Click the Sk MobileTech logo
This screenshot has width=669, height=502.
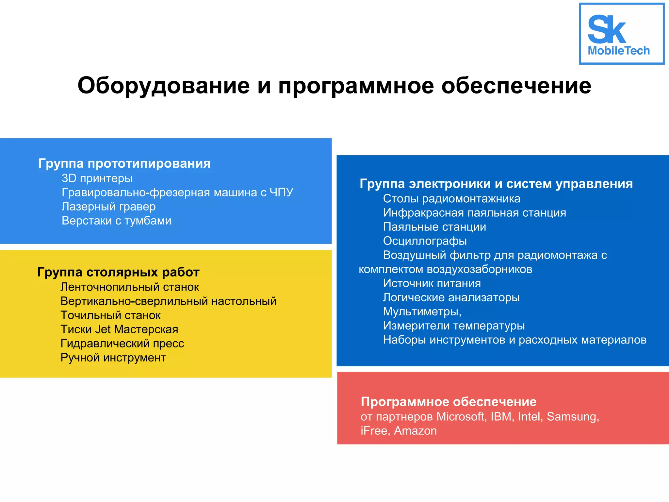pos(621,34)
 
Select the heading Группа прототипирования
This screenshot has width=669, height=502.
pos(124,163)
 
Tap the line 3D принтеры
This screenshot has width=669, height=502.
pos(97,178)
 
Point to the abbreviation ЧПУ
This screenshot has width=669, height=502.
pos(281,192)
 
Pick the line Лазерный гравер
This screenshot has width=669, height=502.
pos(108,207)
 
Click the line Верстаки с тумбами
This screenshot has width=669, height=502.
pos(116,221)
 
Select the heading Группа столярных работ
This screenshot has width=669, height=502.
pos(118,272)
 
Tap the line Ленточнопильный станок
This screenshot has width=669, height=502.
pos(130,287)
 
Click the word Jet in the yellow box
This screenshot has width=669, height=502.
pos(103,329)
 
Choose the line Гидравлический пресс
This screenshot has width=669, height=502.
pos(122,343)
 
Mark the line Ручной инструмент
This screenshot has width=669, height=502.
pos(113,358)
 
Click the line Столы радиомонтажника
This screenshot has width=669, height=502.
pos(451,199)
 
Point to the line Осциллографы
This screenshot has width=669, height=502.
pos(425,241)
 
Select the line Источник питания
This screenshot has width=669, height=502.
pos(432,283)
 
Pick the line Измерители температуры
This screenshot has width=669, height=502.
pos(454,326)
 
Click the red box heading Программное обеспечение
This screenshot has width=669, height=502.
pos(449,402)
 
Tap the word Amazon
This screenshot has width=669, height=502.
pos(415,431)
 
